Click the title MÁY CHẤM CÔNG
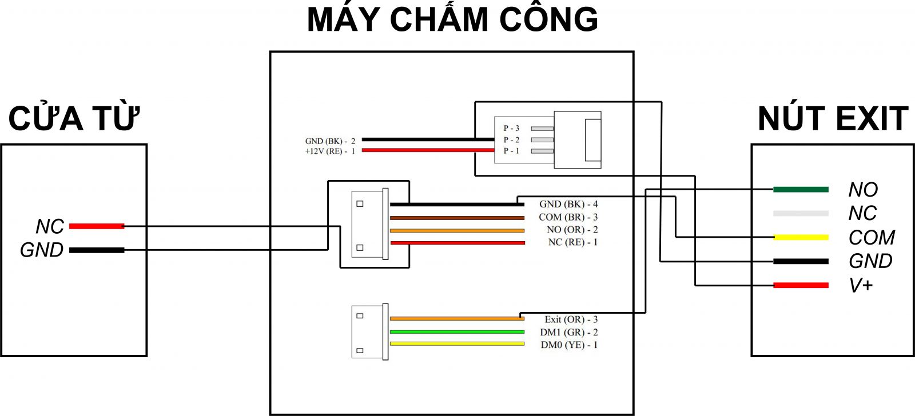tap(452, 20)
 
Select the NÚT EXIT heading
tap(833, 118)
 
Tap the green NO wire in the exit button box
tap(801, 190)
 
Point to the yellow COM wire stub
tap(801, 237)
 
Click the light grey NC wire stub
tap(801, 214)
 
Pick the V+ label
tap(861, 285)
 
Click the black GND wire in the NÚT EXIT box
tap(801, 262)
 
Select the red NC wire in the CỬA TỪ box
tap(96, 226)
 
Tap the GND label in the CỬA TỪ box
tap(41, 250)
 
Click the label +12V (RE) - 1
tap(330, 151)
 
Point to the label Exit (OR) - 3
tap(571, 319)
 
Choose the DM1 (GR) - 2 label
tap(568, 332)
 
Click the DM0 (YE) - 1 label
tap(569, 345)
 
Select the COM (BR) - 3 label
tap(568, 217)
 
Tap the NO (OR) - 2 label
tap(572, 230)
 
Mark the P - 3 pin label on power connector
tap(511, 128)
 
